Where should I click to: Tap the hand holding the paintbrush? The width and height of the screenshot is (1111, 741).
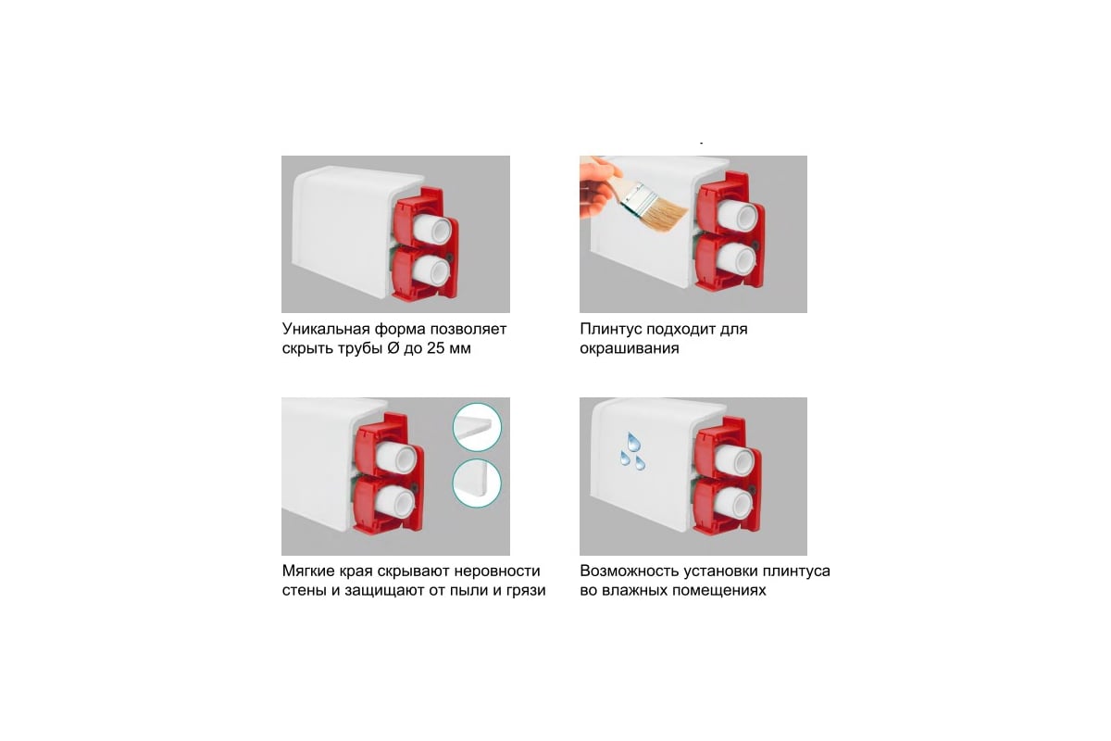point(598,186)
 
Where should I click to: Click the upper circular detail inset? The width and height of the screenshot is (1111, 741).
point(477,427)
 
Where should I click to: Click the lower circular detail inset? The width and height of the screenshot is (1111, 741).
point(477,484)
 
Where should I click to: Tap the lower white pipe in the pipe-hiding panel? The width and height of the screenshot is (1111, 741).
point(431,272)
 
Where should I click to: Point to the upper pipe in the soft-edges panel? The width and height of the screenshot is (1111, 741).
point(395,458)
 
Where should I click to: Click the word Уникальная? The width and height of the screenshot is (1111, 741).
point(326,329)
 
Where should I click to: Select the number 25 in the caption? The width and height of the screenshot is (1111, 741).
point(435,348)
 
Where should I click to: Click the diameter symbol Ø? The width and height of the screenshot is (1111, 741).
point(393,348)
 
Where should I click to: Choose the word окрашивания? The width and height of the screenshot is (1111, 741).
point(630,349)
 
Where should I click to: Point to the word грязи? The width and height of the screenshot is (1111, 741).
point(526,591)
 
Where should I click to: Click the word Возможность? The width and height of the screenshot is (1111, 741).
point(630,571)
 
